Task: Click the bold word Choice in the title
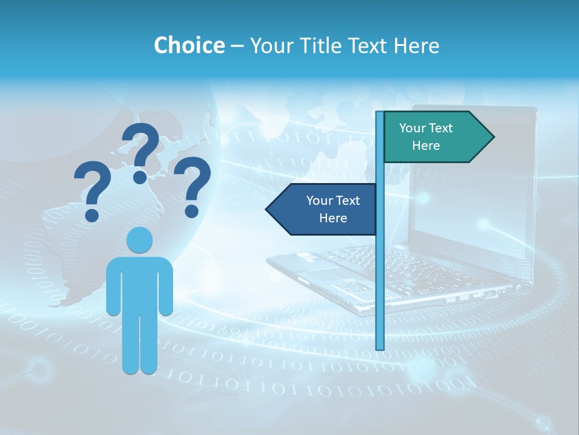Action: click(189, 45)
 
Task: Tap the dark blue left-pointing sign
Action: click(326, 209)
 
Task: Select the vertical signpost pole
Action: click(380, 272)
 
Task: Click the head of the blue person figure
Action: click(139, 240)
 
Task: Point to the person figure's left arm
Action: click(113, 287)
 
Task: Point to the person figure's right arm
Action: click(166, 287)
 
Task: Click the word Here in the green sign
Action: click(426, 146)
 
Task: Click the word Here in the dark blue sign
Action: click(333, 218)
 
